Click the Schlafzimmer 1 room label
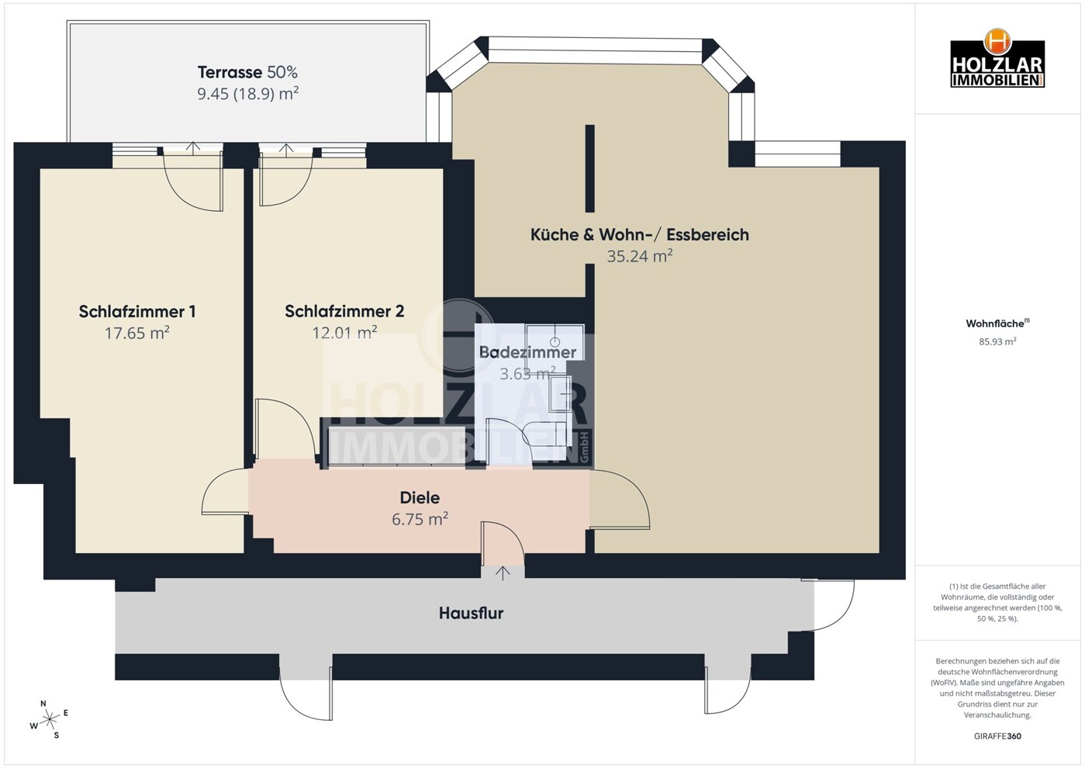137,311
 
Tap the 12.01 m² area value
344,333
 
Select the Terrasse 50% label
247,72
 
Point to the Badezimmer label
527,352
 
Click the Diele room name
420,497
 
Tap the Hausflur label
471,613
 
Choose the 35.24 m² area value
639,256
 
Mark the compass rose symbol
50,719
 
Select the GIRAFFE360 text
997,736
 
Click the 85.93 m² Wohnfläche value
997,341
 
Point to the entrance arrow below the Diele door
503,573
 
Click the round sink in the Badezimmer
555,341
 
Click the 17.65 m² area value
137,333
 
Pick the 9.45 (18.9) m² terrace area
247,94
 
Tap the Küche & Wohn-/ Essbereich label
639,234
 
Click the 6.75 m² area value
420,519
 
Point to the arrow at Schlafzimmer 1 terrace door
193,147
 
